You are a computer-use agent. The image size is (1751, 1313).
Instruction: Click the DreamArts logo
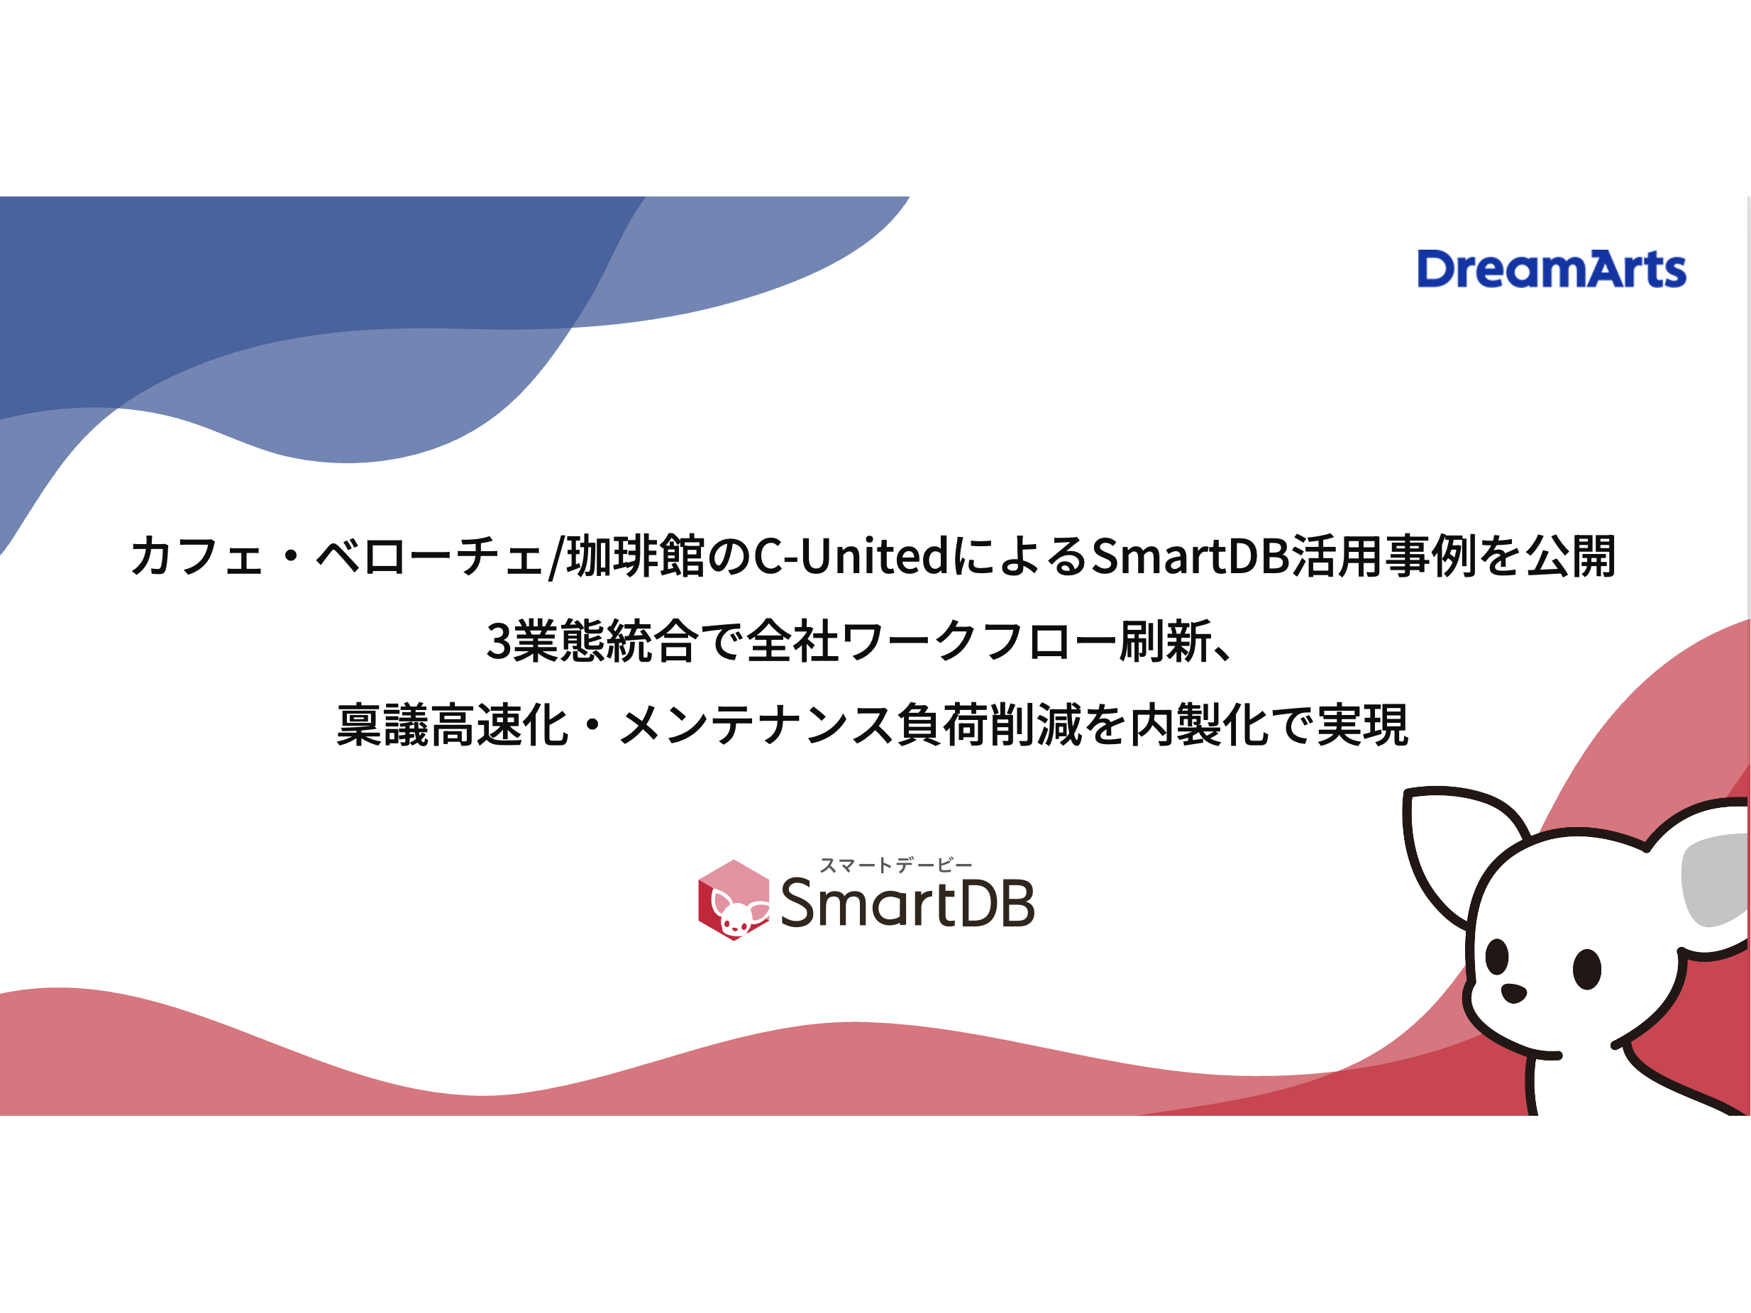tap(1551, 269)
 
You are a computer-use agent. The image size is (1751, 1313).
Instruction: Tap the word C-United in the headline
tap(850, 555)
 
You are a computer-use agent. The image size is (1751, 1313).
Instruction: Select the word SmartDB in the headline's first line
tap(1191, 555)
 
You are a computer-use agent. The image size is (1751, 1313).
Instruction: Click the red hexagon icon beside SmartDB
tap(733, 900)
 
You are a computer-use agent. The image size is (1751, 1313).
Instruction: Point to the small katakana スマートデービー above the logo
tap(895, 865)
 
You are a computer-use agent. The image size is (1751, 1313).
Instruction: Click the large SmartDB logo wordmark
tap(907, 903)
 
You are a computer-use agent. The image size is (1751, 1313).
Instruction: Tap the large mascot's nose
tap(1513, 992)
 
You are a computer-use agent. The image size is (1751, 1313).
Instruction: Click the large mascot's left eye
tap(1496, 955)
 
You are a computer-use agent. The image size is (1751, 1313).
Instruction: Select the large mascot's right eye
tap(1586, 969)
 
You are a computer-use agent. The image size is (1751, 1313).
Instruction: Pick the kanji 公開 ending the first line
tap(1571, 555)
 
